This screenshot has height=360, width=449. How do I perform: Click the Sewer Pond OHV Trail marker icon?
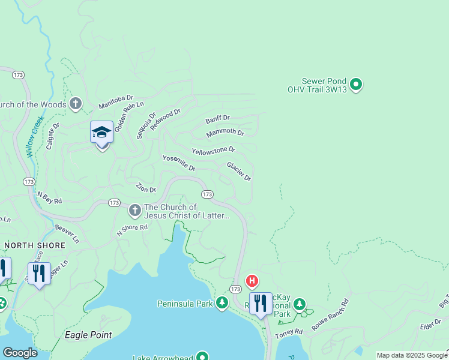356,85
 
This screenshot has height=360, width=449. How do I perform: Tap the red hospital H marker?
252,280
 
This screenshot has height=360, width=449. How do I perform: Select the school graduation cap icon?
101,132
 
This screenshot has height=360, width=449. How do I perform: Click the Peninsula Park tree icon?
222,304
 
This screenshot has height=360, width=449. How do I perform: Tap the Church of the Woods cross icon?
75,104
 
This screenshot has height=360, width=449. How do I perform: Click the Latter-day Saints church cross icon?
134,211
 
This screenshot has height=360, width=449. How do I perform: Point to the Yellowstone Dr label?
213,150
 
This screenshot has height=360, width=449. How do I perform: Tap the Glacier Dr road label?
238,171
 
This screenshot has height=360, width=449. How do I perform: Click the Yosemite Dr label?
179,163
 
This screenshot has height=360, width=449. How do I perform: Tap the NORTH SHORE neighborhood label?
26,245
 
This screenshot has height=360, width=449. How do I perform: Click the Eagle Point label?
88,335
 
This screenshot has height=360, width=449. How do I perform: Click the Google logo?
19,353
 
